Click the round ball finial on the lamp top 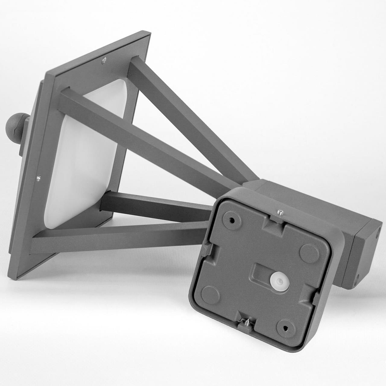(16, 127)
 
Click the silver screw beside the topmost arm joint (104, 60)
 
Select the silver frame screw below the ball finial (38, 178)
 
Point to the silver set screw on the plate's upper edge (281, 212)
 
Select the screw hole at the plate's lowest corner (286, 328)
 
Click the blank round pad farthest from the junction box (210, 295)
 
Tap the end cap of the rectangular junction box (367, 255)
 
